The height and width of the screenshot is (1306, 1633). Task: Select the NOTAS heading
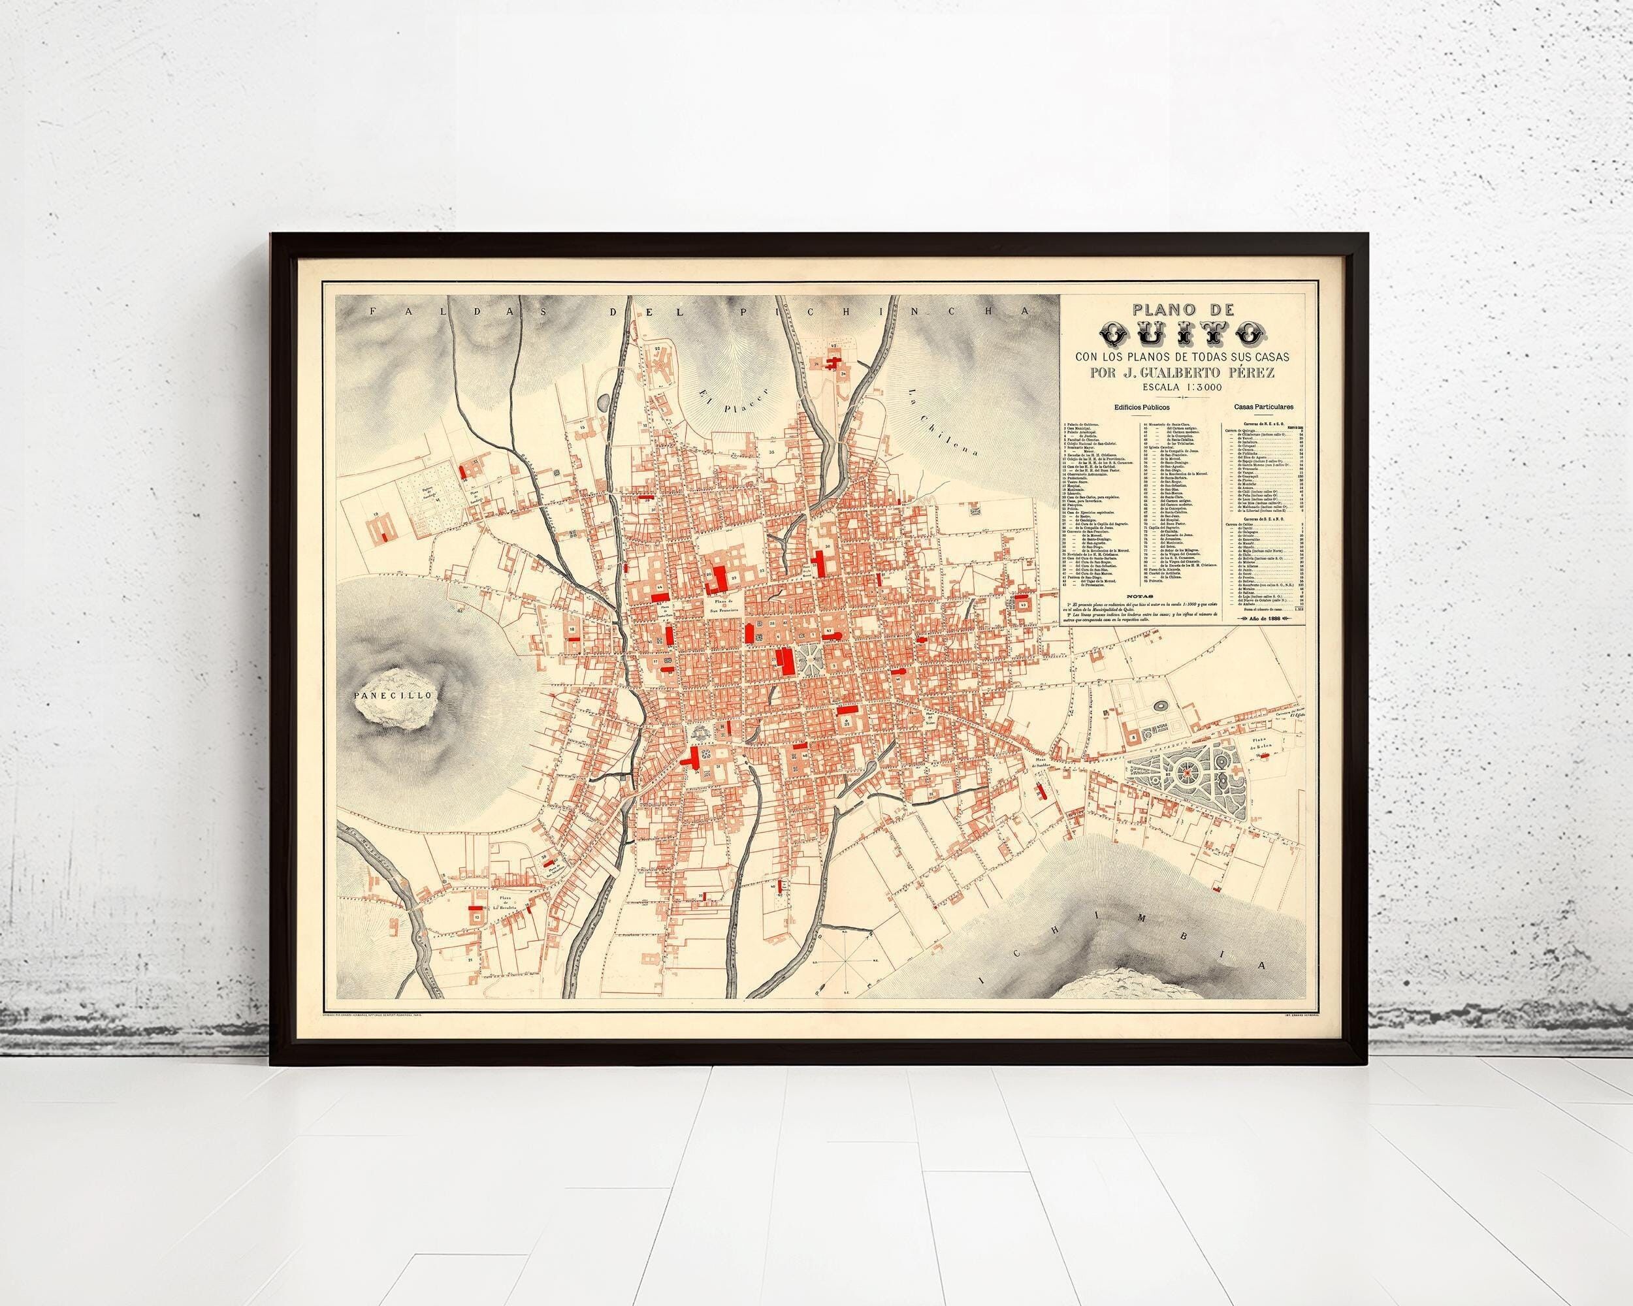[x=1136, y=617]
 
